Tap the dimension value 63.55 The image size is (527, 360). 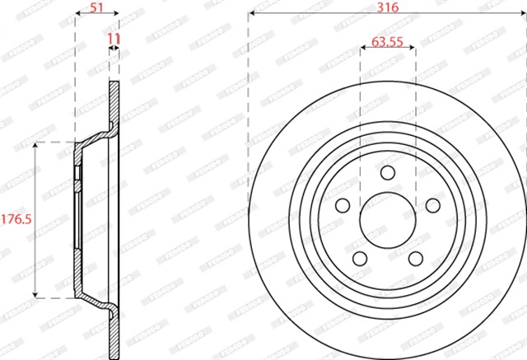point(387,42)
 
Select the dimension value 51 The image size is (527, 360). point(96,7)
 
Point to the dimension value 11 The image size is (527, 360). point(114,39)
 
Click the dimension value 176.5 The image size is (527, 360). point(16,219)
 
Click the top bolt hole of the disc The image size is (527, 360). point(388,172)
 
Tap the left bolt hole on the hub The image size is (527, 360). point(343,205)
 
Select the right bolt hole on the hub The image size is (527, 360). point(433,205)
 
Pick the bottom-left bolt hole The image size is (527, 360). point(360,259)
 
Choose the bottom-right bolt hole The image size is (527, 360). point(416,259)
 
